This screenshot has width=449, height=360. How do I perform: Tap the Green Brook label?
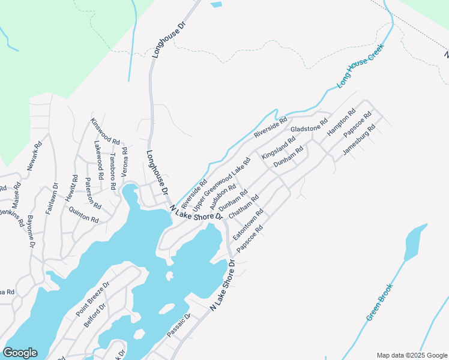coord(379,301)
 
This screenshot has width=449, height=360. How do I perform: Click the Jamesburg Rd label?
coord(358,140)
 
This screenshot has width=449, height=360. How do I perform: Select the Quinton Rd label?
coord(83,215)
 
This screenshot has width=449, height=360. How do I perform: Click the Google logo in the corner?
coord(20,353)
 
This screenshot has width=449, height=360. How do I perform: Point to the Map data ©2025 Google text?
coord(411,355)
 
